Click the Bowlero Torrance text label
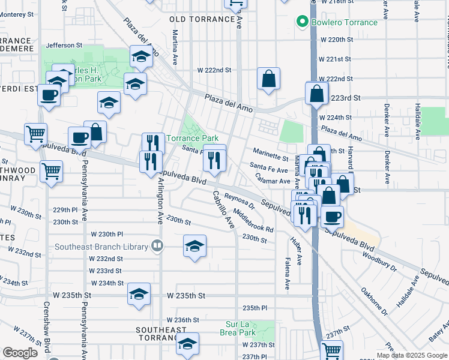[x=345, y=23]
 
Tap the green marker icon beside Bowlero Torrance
[x=303, y=23]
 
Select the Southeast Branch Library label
[x=101, y=247]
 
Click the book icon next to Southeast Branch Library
[x=157, y=245]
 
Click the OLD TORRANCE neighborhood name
[x=202, y=19]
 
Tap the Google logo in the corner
[x=20, y=352]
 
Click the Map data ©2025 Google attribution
[x=411, y=355]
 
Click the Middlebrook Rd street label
[x=254, y=221]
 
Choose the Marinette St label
[x=270, y=154]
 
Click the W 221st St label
[x=335, y=59]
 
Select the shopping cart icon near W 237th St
[x=331, y=349]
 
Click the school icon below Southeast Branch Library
[x=193, y=246]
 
